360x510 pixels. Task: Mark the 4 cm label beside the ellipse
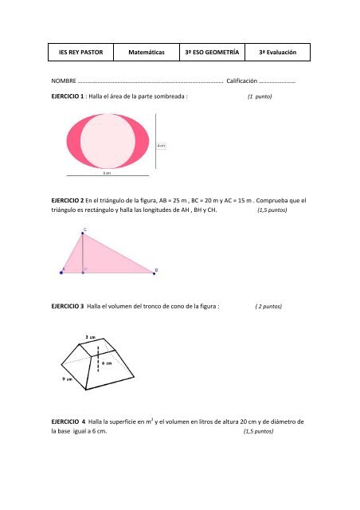pyautogui.click(x=161, y=146)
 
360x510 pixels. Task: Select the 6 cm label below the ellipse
pyautogui.click(x=107, y=172)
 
